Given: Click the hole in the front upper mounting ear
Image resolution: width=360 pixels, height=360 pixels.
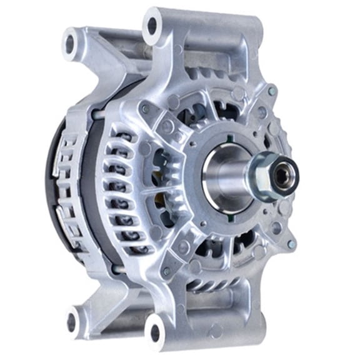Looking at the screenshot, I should point(152,27).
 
